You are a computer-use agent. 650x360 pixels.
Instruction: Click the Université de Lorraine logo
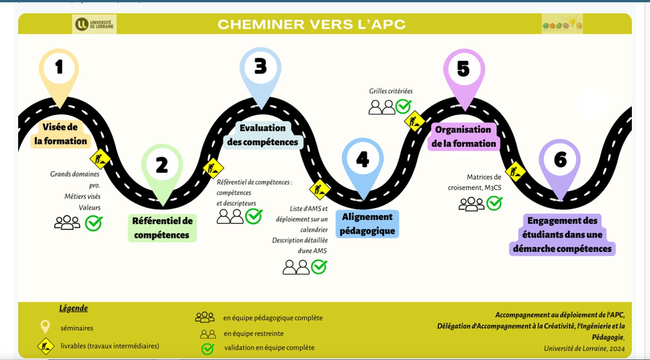point(94,24)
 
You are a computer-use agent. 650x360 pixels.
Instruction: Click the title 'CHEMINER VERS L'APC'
point(312,24)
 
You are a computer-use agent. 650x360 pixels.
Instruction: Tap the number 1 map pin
point(59,69)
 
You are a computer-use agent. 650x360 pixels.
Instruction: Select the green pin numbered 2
point(162,166)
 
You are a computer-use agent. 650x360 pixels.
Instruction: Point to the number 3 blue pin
point(261,68)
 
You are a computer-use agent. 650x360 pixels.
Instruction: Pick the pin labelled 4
point(363,160)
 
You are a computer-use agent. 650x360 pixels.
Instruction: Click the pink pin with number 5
point(464,70)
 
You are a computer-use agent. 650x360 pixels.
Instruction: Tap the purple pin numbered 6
point(560,160)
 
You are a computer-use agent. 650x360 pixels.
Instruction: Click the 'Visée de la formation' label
point(61,134)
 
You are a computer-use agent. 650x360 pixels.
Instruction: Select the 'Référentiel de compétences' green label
point(162,228)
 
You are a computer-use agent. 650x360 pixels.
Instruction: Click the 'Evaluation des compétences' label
point(263,135)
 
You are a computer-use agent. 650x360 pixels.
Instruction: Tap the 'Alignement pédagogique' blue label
point(367,224)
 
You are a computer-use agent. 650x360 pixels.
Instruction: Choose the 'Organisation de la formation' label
point(464,136)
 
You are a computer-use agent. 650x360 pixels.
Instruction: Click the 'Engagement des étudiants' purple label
point(562,235)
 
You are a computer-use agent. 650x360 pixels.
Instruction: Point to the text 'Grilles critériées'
point(391,91)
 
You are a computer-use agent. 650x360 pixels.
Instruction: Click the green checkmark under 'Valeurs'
point(94,223)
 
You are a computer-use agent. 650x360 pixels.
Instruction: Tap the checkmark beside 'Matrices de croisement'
point(494,203)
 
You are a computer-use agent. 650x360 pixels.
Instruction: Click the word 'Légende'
point(74,308)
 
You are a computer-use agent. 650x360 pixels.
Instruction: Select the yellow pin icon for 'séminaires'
point(45,327)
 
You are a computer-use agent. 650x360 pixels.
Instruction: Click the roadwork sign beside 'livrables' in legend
point(46,346)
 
